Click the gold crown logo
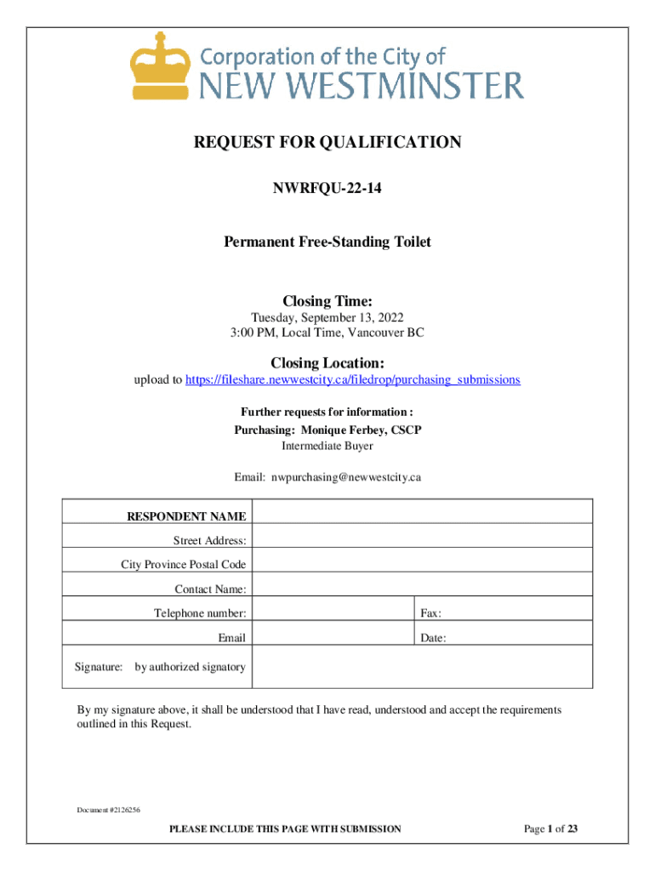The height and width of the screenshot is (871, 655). pyautogui.click(x=158, y=65)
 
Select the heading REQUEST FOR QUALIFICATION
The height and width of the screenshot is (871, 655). pyautogui.click(x=327, y=142)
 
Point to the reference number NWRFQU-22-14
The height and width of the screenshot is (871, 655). pyautogui.click(x=327, y=188)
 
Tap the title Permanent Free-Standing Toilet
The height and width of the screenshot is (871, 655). pyautogui.click(x=327, y=242)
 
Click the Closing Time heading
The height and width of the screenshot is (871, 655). pyautogui.click(x=327, y=300)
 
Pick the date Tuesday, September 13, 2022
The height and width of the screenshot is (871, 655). pyautogui.click(x=327, y=318)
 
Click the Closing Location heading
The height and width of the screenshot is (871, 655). pyautogui.click(x=327, y=363)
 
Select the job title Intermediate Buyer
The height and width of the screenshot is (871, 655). pyautogui.click(x=327, y=445)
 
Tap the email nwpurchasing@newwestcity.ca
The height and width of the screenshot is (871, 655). pyautogui.click(x=346, y=477)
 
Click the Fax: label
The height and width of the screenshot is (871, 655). pyautogui.click(x=430, y=613)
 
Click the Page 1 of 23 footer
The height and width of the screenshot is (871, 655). pyautogui.click(x=551, y=828)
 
